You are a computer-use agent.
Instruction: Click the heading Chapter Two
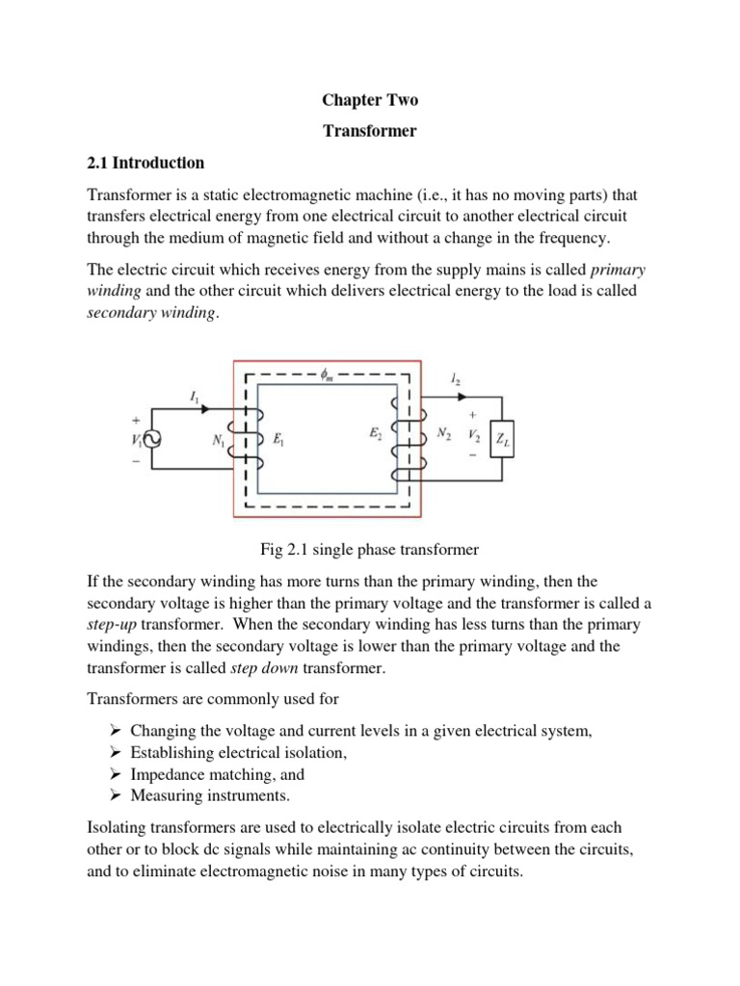pos(371,100)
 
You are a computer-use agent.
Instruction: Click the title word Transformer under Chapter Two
pos(371,131)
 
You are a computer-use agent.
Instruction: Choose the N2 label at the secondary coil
pos(444,433)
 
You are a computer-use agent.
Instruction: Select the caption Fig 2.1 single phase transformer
pos(370,550)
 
